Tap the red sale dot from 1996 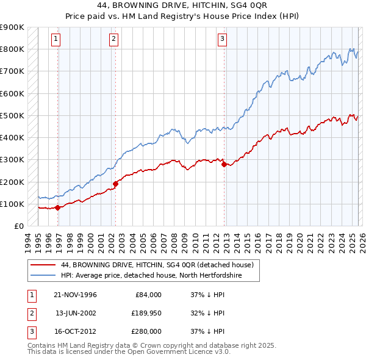coord(58,207)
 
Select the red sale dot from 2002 coord(115,183)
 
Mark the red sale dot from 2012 coord(224,164)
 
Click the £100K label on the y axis coord(12,204)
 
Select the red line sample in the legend coord(44,265)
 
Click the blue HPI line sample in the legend coord(44,275)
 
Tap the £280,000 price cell coord(147,333)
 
